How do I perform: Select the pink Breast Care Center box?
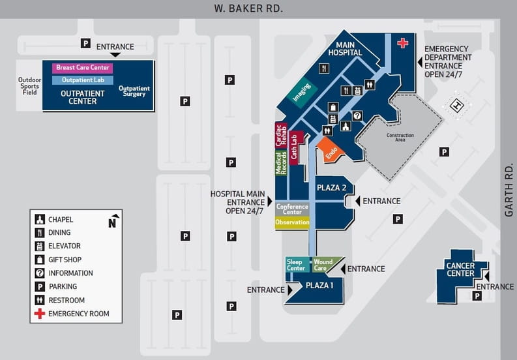coord(83,67)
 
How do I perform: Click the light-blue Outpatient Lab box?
coord(83,80)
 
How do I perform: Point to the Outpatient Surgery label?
coord(134,91)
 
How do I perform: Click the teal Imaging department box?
coord(302,94)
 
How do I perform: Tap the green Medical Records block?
coord(281,162)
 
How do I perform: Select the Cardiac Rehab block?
coord(281,134)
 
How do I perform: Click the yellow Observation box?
coord(292,222)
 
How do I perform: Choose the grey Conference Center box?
coord(292,209)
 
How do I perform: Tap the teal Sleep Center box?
coord(296,265)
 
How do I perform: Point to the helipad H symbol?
coord(458,105)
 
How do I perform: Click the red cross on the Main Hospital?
coord(403,43)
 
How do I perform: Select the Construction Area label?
coord(400,138)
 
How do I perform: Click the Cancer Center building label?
coord(460,269)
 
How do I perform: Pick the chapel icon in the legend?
coord(40,219)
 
